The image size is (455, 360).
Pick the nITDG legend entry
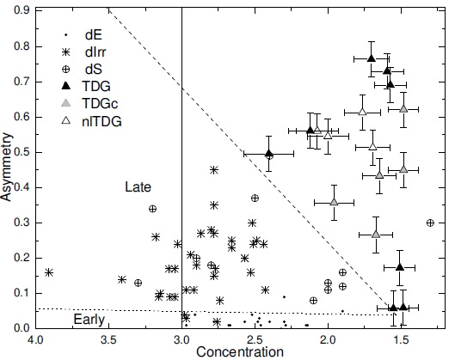pos(101,120)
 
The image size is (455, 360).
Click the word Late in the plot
pos(138,186)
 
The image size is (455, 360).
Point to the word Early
pos(89,319)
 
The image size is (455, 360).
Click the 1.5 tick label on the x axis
pos(399,339)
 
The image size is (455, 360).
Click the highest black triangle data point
pos(372,58)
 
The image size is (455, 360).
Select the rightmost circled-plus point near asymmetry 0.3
pos(430,223)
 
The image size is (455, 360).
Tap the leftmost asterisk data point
pos(49,272)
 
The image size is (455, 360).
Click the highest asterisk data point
pos(214,170)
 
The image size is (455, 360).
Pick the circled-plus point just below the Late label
pos(152,209)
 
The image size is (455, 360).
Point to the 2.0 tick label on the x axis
pos(327,339)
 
